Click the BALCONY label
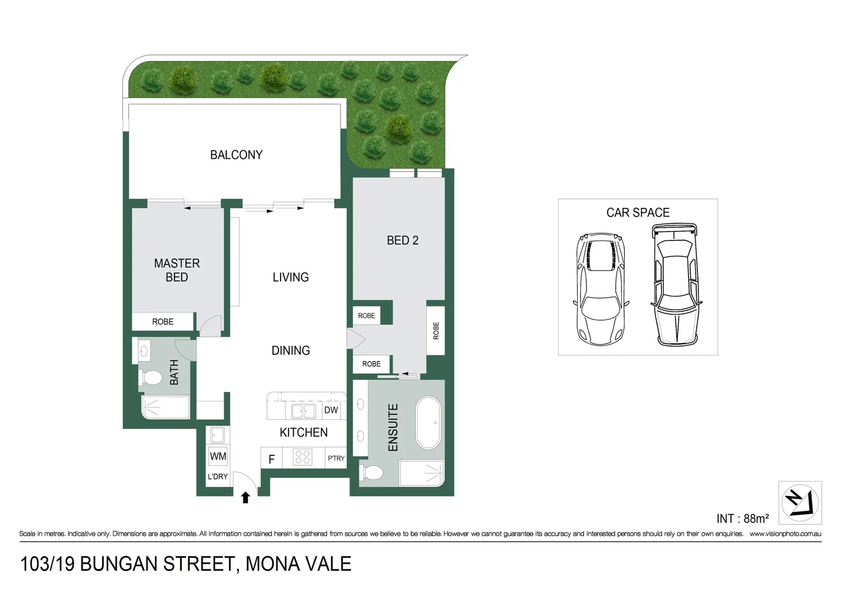236,155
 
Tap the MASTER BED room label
177,270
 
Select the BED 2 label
402,240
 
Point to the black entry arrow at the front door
245,497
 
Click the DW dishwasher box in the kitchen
331,410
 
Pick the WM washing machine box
218,456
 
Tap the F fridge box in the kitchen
271,459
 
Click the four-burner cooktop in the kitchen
303,457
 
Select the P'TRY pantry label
336,458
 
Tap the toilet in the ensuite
372,472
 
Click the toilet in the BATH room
151,378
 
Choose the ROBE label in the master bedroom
163,322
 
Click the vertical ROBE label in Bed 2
436,331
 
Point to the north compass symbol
800,503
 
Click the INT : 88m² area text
742,519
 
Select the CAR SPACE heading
638,213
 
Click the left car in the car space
600,289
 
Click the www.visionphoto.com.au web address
785,533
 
